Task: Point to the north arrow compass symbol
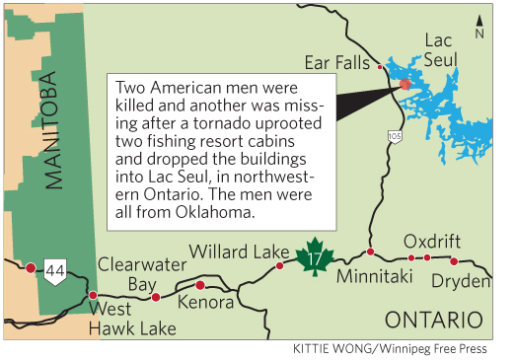pos(479,25)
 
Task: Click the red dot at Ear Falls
pos(381,67)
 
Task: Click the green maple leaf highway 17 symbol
pos(314,255)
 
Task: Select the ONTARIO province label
pos(434,321)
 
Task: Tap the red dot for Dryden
pos(454,261)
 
